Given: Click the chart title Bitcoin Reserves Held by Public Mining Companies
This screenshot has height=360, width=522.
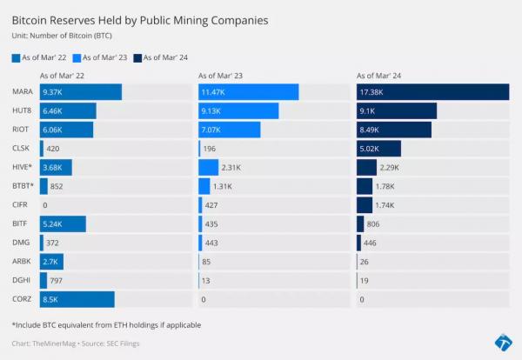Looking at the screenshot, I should click(151, 18).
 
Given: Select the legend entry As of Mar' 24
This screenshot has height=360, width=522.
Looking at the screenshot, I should click(164, 57).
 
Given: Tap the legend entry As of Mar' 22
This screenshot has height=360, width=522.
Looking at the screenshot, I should click(43, 57).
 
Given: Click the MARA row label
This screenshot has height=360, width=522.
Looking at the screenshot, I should click(23, 92).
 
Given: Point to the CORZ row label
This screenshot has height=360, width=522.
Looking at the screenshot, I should click(23, 299).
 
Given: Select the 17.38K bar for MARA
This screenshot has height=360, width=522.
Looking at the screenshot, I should click(432, 92).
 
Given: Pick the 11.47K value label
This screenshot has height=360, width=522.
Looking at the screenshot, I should click(213, 92).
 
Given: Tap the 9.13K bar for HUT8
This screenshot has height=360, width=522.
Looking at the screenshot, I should click(238, 111).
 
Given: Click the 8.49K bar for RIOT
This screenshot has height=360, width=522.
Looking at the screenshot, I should click(393, 130).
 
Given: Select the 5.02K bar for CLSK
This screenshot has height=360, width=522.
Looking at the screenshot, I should click(378, 149).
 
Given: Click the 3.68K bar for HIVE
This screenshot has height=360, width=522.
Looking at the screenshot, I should click(56, 167).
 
